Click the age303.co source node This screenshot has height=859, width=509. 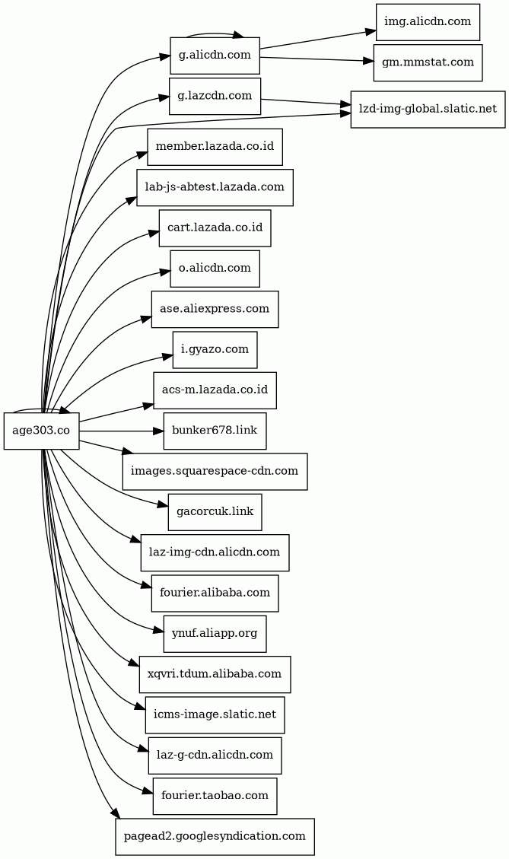click(41, 431)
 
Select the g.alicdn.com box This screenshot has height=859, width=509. click(215, 55)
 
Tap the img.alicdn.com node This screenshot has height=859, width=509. click(427, 22)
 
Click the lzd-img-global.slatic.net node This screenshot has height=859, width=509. click(427, 109)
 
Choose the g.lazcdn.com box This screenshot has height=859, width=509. click(215, 96)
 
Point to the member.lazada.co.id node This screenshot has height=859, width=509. click(215, 147)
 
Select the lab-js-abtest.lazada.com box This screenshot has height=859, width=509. click(215, 187)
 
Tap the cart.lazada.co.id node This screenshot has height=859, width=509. click(215, 227)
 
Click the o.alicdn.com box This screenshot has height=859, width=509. click(215, 269)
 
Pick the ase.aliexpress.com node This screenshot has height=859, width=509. click(215, 309)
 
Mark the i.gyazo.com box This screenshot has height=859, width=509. click(215, 349)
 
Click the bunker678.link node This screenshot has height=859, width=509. click(215, 431)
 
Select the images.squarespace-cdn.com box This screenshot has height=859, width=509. click(215, 471)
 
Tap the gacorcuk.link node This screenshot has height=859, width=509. click(215, 512)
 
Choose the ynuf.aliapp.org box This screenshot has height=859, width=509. click(215, 633)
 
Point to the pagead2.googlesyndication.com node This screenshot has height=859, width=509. click(215, 836)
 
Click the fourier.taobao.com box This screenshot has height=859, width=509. click(215, 796)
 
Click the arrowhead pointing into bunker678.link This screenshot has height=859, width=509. click(158, 431)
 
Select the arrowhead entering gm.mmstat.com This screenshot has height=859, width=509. click(368, 60)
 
